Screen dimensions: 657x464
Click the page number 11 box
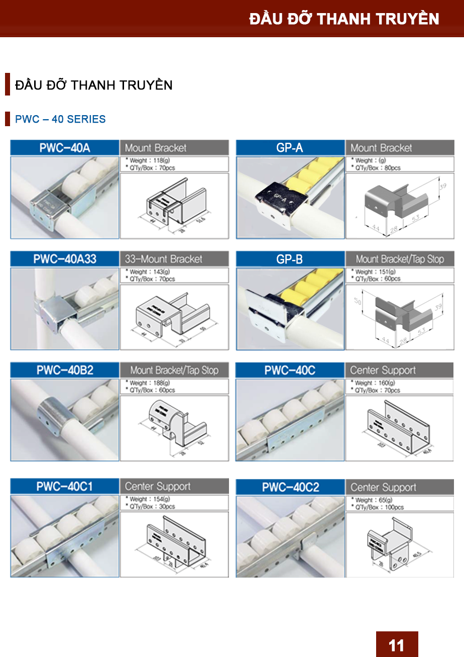(x=397, y=644)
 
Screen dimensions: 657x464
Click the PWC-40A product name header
(x=65, y=148)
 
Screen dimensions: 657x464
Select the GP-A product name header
(x=290, y=148)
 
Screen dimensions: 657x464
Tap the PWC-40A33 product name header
(x=65, y=259)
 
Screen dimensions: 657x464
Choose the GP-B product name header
(x=290, y=259)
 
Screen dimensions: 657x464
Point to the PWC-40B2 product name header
(x=65, y=370)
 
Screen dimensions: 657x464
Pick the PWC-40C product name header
(x=290, y=370)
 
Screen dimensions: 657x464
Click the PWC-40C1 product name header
(x=64, y=486)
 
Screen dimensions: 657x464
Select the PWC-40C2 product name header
(x=290, y=487)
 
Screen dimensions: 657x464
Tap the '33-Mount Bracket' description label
(x=163, y=259)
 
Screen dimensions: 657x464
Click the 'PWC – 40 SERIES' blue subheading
(x=60, y=120)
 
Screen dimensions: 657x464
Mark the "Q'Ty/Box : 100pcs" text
(x=379, y=508)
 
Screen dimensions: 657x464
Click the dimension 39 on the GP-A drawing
(x=442, y=186)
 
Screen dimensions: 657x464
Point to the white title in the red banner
(x=344, y=19)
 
